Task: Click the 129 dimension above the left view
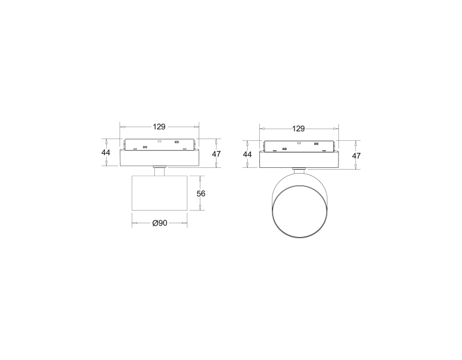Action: [x=159, y=127]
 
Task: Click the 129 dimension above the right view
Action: [x=299, y=129]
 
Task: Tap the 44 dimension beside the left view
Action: [x=106, y=152]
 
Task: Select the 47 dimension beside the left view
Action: [x=217, y=154]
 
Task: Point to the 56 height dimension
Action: [x=201, y=193]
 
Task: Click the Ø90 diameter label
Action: [x=160, y=223]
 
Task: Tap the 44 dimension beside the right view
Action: [x=248, y=154]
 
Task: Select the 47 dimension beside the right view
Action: [x=356, y=156]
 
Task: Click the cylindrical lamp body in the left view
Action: [x=159, y=193]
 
